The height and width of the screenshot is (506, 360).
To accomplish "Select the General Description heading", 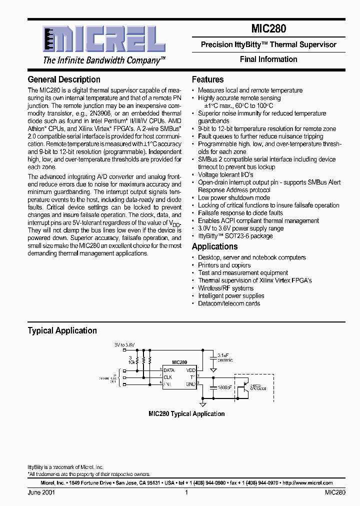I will tap(64, 79).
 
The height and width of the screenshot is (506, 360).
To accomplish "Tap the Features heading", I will tap(207, 79).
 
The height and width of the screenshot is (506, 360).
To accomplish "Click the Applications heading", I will tap(214, 246).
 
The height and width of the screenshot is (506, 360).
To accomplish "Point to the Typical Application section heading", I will tap(62, 330).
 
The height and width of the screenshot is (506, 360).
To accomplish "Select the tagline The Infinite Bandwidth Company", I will tap(104, 60).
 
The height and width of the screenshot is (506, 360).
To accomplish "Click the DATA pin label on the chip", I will tap(168, 370).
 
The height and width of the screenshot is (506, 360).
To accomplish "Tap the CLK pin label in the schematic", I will tap(167, 376).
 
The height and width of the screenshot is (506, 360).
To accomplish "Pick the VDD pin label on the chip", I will tap(190, 370).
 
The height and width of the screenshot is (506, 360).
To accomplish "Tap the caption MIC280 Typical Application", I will tap(186, 413).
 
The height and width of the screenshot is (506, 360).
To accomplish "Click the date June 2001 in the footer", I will tap(41, 492).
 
